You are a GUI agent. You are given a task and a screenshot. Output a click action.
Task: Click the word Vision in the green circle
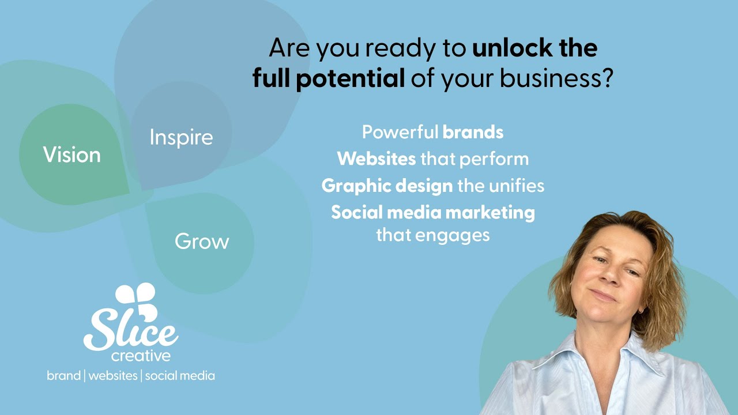[x=71, y=154]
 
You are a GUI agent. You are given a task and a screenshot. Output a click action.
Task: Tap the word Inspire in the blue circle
[x=181, y=137]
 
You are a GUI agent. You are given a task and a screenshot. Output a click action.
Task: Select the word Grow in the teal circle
[x=202, y=241]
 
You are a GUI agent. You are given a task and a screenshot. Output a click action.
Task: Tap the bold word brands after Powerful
[x=473, y=132]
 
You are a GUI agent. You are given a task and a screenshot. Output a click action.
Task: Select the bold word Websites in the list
[x=376, y=159]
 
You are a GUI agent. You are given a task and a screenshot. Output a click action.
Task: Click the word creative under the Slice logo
[x=141, y=356]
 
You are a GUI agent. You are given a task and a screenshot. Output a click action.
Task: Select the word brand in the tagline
[x=63, y=376]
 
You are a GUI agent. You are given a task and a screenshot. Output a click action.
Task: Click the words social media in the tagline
[x=180, y=376]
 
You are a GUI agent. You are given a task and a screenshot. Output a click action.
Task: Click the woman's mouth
[x=604, y=296]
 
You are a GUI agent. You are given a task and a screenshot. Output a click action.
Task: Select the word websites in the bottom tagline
[x=113, y=376]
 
